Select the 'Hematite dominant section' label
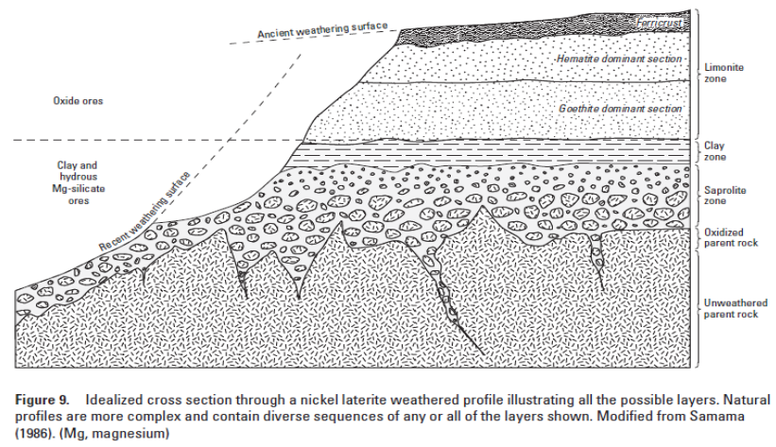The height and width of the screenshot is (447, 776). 622,60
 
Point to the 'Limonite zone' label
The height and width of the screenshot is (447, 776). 725,75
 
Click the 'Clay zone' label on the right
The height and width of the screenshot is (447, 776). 717,152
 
